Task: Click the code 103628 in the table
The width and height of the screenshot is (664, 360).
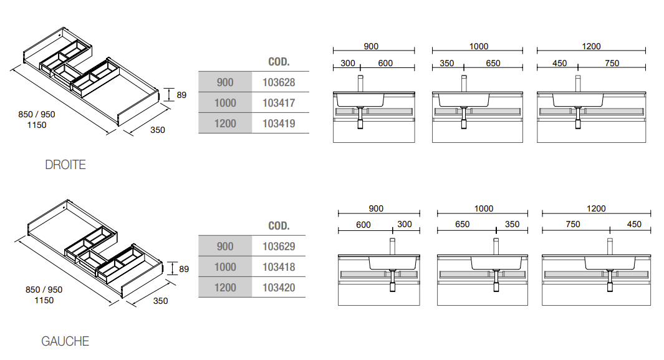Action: [x=279, y=82]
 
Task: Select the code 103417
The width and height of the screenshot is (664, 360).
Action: [x=279, y=103]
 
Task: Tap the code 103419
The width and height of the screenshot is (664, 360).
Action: [x=279, y=124]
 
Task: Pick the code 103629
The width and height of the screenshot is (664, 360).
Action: [x=279, y=246]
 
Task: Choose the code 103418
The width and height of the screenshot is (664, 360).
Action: [x=279, y=267]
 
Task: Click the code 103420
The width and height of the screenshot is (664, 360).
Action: [x=279, y=288]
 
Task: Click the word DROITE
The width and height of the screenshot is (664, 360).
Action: [x=65, y=165]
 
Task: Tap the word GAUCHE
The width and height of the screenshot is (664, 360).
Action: [x=65, y=341]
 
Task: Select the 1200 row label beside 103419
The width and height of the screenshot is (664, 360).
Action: [x=225, y=124]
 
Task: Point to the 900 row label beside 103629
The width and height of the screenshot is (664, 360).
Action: [x=225, y=246]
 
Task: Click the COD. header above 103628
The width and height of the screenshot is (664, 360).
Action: [x=279, y=62]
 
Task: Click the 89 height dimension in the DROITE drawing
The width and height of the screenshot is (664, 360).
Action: [x=181, y=95]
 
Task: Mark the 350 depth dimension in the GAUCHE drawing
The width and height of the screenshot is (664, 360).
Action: [x=160, y=301]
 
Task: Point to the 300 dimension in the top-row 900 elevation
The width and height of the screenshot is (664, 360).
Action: [x=348, y=63]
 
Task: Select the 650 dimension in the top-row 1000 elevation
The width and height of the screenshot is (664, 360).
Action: [x=493, y=63]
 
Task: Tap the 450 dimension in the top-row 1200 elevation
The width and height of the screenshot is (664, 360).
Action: [x=559, y=63]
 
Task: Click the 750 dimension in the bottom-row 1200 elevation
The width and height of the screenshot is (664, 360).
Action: [x=573, y=224]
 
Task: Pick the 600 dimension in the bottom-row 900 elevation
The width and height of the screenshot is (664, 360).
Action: [x=363, y=225]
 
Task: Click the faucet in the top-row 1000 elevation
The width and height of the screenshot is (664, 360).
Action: [x=464, y=84]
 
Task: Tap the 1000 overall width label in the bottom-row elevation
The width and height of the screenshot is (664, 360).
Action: [x=484, y=208]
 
